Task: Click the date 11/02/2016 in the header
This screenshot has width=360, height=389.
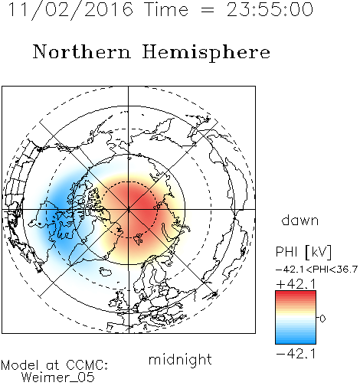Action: [70, 10]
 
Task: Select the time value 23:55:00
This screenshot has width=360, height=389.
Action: [270, 10]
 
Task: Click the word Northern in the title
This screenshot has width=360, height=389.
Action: [82, 52]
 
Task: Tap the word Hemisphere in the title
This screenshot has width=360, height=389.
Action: [206, 53]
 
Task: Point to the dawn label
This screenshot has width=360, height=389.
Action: [300, 220]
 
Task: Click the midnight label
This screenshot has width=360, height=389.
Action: [180, 360]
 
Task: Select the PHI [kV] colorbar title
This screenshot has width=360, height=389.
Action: [303, 252]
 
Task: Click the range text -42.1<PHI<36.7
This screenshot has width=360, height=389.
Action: [316, 270]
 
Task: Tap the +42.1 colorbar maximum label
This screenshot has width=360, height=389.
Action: [296, 284]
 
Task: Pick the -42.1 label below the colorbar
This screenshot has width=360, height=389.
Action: [296, 354]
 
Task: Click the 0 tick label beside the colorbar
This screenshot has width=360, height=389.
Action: [322, 319]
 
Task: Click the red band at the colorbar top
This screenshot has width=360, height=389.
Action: [296, 295]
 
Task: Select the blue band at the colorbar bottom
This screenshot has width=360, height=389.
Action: [296, 339]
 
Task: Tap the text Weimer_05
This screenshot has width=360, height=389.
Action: [58, 378]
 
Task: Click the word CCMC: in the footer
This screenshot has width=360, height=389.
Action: [87, 365]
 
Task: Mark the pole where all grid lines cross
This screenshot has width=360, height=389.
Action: [129, 210]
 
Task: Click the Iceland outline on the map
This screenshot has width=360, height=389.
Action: [105, 271]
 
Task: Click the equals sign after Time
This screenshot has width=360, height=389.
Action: [208, 10]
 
